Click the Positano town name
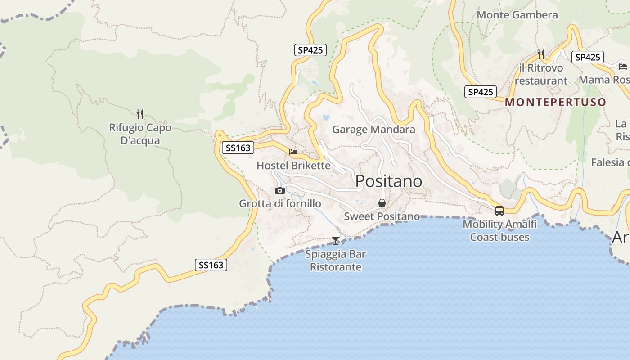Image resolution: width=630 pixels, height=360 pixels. [389, 181]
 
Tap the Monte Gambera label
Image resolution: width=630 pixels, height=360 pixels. [517, 15]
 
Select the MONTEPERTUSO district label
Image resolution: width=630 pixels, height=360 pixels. [555, 102]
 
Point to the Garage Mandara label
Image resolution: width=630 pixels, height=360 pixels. [373, 130]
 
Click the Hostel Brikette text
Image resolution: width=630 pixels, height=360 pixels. [293, 166]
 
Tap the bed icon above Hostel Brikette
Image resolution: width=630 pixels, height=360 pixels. [293, 152]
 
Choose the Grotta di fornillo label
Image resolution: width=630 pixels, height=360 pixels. [280, 203]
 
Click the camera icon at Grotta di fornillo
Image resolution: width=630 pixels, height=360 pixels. [280, 190]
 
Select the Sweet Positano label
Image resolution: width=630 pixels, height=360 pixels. [382, 216]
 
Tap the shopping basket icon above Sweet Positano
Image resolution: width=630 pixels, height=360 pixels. [382, 203]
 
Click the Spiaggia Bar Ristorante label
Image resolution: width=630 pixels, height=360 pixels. [336, 261]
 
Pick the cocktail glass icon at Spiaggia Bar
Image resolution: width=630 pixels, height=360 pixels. [336, 240]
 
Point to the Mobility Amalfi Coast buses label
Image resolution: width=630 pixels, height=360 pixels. [499, 230]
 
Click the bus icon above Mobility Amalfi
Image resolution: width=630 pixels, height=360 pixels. [499, 211]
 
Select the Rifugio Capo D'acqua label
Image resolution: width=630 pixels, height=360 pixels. [140, 134]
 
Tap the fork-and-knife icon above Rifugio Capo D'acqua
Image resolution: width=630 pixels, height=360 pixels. [140, 114]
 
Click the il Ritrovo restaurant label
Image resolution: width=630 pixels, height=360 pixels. [541, 74]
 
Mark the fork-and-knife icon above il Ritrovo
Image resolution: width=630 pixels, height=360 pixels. [541, 54]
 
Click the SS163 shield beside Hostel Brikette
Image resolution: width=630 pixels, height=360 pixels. [238, 148]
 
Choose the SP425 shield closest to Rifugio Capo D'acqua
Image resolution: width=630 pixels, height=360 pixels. [310, 50]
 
